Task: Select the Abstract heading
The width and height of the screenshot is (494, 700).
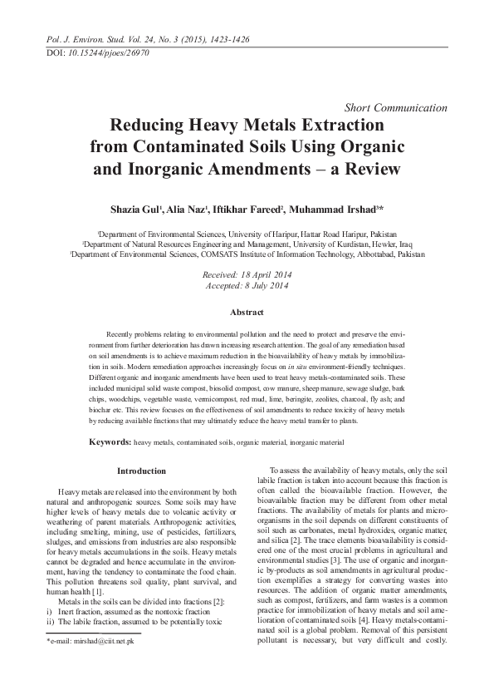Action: click(x=247, y=313)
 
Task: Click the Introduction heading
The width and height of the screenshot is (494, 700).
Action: click(x=141, y=471)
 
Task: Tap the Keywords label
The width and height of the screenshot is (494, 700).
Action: click(x=110, y=441)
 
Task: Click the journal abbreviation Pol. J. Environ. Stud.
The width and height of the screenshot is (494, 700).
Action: click(x=80, y=38)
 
